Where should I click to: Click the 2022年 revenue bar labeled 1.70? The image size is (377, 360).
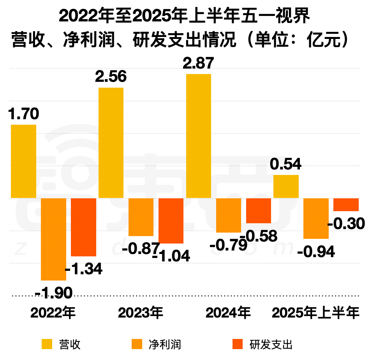23,161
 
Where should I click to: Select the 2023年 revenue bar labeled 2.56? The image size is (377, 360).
111,143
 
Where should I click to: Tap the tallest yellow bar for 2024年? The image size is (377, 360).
199,136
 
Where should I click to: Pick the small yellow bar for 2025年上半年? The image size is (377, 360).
286,187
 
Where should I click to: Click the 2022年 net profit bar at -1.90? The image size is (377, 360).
53,239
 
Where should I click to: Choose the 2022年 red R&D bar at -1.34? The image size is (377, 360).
83,227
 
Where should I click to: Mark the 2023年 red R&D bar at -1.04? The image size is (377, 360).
171,221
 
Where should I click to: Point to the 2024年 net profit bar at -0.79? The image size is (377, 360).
229,215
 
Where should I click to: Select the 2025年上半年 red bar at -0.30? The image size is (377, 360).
346,205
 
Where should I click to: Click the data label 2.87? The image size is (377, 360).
199,64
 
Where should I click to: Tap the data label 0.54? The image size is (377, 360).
286,164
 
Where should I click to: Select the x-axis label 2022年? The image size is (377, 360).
53,313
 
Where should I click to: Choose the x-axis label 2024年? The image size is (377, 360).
228,313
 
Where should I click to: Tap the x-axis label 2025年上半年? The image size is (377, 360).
316,313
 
